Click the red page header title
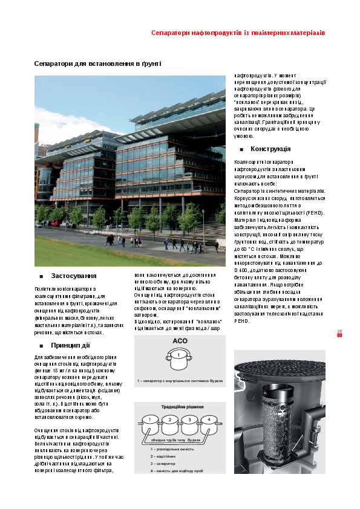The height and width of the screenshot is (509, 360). [238, 32]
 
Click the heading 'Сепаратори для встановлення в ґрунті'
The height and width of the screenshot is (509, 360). [97, 63]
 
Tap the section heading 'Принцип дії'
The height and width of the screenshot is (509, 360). [70, 345]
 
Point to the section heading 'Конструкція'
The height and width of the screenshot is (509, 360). [270, 149]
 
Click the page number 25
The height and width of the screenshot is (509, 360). [339, 331]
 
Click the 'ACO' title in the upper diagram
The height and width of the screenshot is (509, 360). [180, 341]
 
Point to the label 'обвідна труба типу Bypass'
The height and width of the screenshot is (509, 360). [180, 439]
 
